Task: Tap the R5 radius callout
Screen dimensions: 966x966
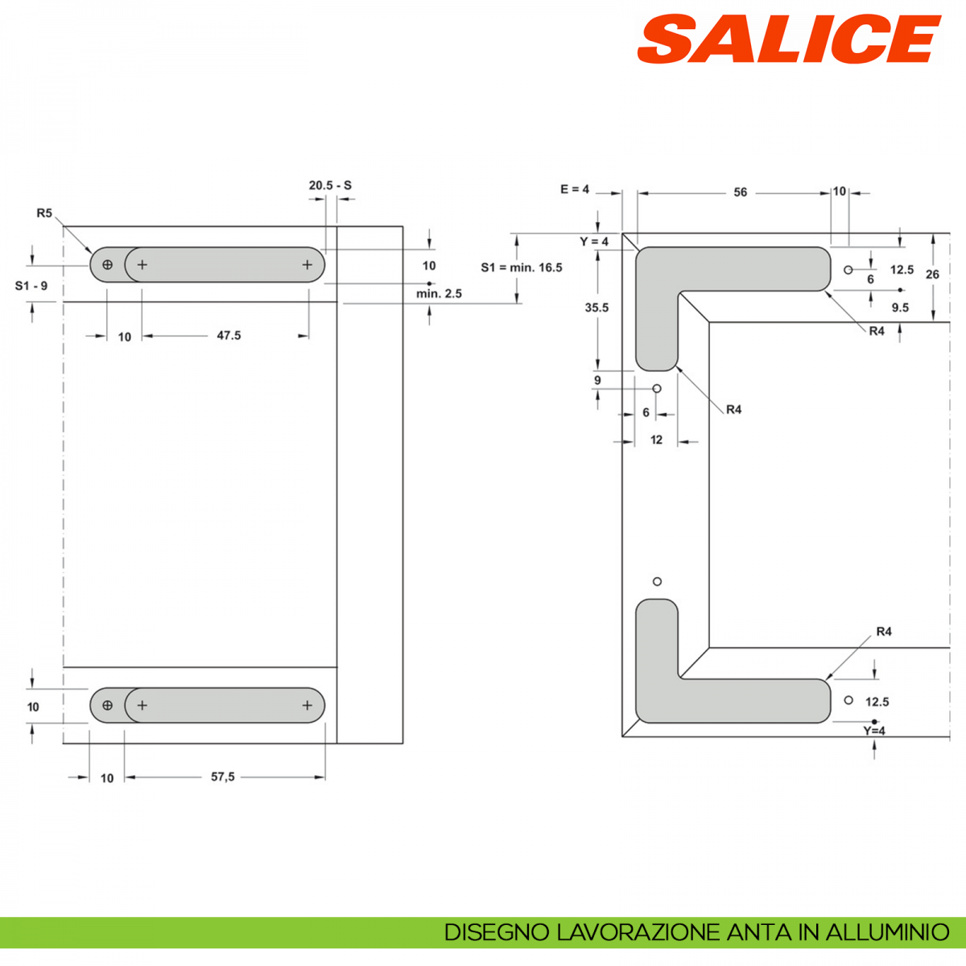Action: tap(44, 213)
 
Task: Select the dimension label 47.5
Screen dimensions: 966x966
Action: tap(229, 336)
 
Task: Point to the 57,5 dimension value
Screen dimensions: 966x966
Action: tap(222, 777)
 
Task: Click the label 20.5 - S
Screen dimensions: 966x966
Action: tap(330, 185)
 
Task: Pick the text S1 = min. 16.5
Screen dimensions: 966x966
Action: tap(522, 268)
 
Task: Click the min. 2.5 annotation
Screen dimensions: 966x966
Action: tap(439, 294)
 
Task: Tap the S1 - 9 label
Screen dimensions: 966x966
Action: tap(31, 286)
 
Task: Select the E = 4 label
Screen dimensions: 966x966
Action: tap(575, 189)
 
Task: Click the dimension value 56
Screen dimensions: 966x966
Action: tap(741, 192)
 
